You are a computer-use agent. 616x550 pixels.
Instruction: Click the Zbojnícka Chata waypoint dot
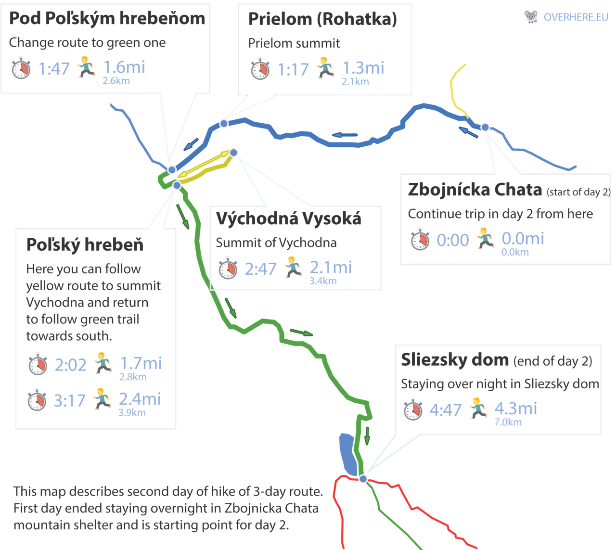coord(485,127)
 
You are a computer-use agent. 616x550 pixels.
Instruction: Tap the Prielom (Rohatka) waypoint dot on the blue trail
coord(224,124)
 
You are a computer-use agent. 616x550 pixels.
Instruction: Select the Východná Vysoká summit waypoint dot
coord(234,153)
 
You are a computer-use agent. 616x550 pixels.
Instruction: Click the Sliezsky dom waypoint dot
coord(363,479)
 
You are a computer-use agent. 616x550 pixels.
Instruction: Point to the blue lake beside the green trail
coord(346,452)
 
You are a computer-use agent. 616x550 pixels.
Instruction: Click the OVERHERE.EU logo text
coord(576,17)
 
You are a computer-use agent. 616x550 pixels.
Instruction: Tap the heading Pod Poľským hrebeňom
coord(107,19)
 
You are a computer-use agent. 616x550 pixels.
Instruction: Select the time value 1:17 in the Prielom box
coord(293,70)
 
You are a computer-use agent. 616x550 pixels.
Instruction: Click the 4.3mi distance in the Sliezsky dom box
coord(516,409)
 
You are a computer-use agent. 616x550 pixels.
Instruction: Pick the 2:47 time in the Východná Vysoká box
coord(261,269)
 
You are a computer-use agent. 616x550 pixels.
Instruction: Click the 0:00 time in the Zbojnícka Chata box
coord(452,240)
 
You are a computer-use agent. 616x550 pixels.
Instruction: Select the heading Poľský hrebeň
coord(85,245)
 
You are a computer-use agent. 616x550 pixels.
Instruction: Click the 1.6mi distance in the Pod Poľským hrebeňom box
coord(125,67)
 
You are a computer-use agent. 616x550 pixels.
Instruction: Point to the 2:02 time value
coord(71,364)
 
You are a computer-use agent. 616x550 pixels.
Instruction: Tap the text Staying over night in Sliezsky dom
coord(500,384)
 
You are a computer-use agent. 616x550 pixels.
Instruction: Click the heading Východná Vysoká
coord(288,219)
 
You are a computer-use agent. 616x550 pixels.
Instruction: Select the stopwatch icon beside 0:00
coord(421,240)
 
